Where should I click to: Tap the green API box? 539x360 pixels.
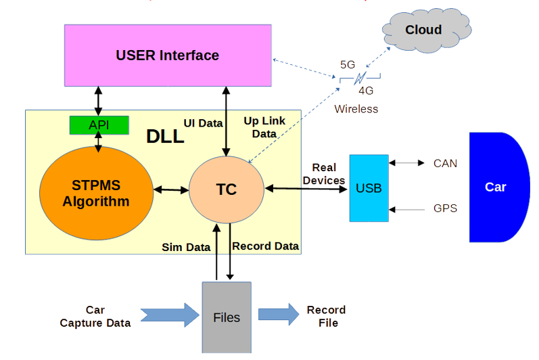click(99, 125)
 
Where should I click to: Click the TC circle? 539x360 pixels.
click(227, 190)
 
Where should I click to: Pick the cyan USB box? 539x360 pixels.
click(369, 188)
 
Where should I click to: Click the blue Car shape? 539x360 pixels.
click(497, 187)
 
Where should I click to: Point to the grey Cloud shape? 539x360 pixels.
click(423, 30)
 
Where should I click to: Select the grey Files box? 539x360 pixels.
click(227, 317)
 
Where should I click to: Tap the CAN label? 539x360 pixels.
click(445, 163)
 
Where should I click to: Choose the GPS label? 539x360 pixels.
click(445, 208)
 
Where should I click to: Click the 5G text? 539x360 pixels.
click(348, 65)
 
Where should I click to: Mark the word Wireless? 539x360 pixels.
click(356, 108)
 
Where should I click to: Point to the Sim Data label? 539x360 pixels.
click(187, 247)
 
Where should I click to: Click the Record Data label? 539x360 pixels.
click(265, 246)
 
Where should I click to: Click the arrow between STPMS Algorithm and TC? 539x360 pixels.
click(172, 191)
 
